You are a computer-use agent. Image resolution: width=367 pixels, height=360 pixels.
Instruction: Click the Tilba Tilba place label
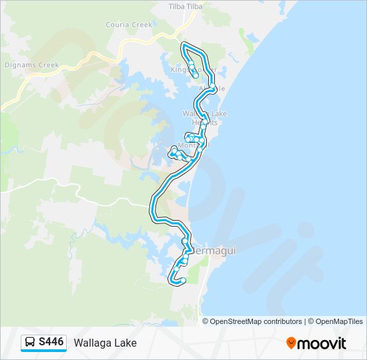point(184,6)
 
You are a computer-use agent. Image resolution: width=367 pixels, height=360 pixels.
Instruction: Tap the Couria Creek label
point(129,25)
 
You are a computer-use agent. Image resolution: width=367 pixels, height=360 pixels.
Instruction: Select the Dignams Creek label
point(32,65)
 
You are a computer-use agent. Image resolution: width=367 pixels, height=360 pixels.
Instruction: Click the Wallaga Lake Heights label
point(205,118)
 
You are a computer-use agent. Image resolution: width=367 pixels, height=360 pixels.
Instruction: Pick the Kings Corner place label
point(194,69)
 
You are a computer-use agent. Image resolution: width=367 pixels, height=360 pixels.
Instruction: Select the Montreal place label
point(194,145)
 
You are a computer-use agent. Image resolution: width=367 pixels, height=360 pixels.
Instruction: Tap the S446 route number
point(51,343)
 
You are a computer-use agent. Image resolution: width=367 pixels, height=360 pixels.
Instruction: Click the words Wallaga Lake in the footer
point(105,343)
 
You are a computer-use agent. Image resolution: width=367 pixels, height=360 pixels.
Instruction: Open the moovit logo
point(316,343)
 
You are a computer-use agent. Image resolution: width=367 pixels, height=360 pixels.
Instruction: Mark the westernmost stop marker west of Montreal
point(172,154)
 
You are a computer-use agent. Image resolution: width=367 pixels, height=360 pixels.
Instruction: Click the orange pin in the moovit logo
point(291,343)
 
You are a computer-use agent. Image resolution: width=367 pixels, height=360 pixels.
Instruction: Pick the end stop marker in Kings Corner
point(195,75)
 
